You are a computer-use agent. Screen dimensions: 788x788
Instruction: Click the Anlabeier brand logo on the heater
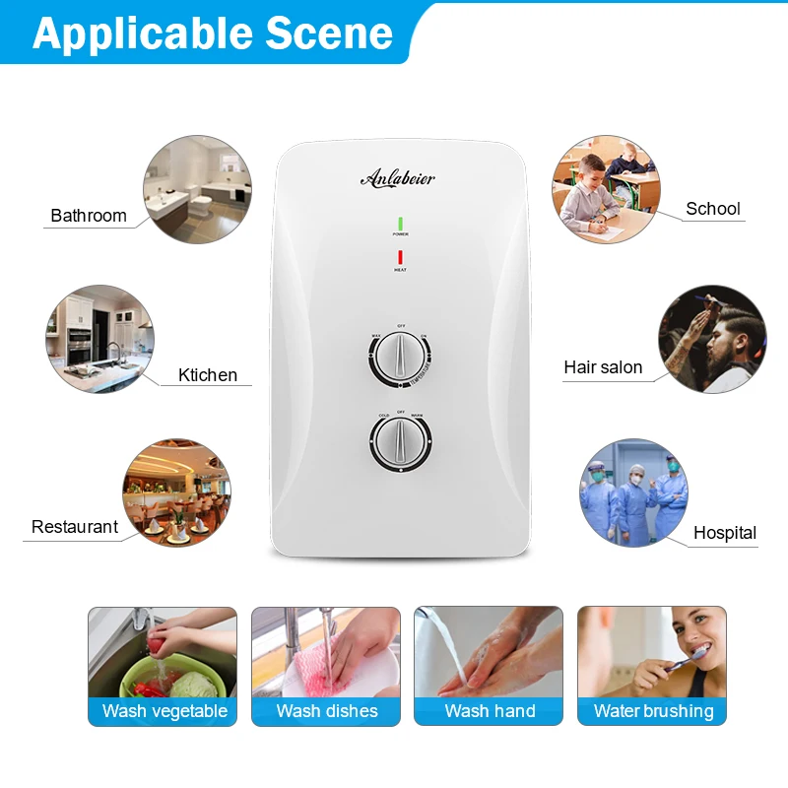pyautogui.click(x=397, y=178)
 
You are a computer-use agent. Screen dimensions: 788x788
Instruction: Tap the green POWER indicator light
pyautogui.click(x=401, y=223)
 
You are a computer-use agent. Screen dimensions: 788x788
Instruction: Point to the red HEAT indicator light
pyautogui.click(x=401, y=257)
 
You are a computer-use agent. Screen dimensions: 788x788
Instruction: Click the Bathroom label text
pyautogui.click(x=89, y=216)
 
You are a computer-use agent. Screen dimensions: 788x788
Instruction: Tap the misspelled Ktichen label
pyautogui.click(x=208, y=374)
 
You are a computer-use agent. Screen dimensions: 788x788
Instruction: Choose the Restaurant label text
pyautogui.click(x=75, y=527)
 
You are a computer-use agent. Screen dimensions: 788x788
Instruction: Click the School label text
pyautogui.click(x=713, y=209)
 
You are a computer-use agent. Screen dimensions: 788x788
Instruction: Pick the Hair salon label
pyautogui.click(x=603, y=367)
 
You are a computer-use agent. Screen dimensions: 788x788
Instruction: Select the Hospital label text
pyautogui.click(x=725, y=533)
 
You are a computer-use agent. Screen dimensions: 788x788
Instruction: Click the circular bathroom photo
pyautogui.click(x=198, y=189)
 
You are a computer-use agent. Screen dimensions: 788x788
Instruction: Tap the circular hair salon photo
pyautogui.click(x=712, y=339)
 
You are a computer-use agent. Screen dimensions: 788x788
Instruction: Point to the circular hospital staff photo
pyautogui.click(x=633, y=492)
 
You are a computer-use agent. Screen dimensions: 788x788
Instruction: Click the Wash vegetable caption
pyautogui.click(x=164, y=711)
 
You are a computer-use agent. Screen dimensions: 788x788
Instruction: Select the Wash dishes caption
pyautogui.click(x=327, y=711)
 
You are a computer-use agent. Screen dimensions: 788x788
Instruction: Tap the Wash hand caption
pyautogui.click(x=490, y=711)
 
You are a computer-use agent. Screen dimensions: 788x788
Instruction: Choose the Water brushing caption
pyautogui.click(x=653, y=711)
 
